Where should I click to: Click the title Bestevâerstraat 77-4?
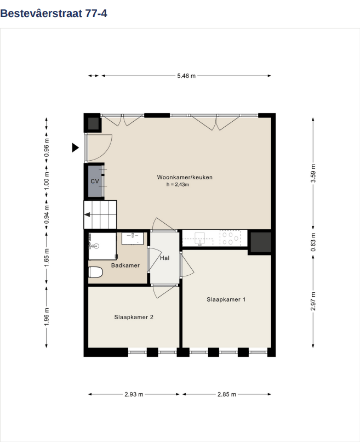click(x=54, y=13)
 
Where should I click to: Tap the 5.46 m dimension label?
click(x=186, y=76)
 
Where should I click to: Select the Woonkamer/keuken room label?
click(x=185, y=177)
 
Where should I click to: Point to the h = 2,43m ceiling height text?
click(x=178, y=185)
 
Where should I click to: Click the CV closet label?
click(x=95, y=181)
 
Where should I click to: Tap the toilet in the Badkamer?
click(x=95, y=272)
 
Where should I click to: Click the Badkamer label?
click(x=125, y=265)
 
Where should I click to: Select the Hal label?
click(x=165, y=258)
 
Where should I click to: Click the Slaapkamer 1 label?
click(x=226, y=299)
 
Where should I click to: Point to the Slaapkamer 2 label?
click(x=134, y=317)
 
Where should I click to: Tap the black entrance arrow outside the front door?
click(x=75, y=148)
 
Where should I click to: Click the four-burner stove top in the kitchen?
click(x=230, y=238)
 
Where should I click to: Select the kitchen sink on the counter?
click(x=199, y=239)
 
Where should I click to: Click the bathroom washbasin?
click(x=133, y=239)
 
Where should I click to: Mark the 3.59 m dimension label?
click(x=313, y=173)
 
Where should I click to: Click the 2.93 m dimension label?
click(x=134, y=394)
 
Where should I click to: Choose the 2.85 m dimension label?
click(x=227, y=394)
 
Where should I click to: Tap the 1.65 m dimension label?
click(x=47, y=258)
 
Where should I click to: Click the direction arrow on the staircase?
click(x=87, y=215)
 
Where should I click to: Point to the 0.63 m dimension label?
click(x=313, y=242)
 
